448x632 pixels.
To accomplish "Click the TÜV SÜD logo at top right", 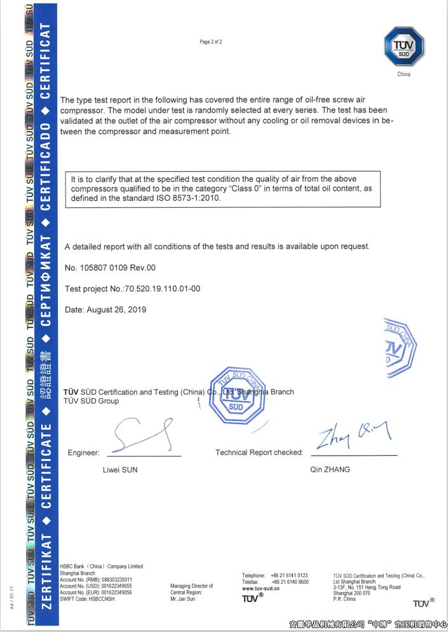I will coord(404,46).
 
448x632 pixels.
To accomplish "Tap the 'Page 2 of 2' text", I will coord(211,42).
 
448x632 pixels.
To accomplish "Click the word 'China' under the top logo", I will coord(404,74).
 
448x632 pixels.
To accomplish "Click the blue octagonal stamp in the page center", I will coord(236,395).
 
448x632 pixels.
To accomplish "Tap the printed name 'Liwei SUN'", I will coord(119,470).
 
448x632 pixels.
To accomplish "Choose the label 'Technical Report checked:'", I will coord(259,453).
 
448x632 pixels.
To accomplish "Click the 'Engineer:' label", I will coord(83,453).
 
